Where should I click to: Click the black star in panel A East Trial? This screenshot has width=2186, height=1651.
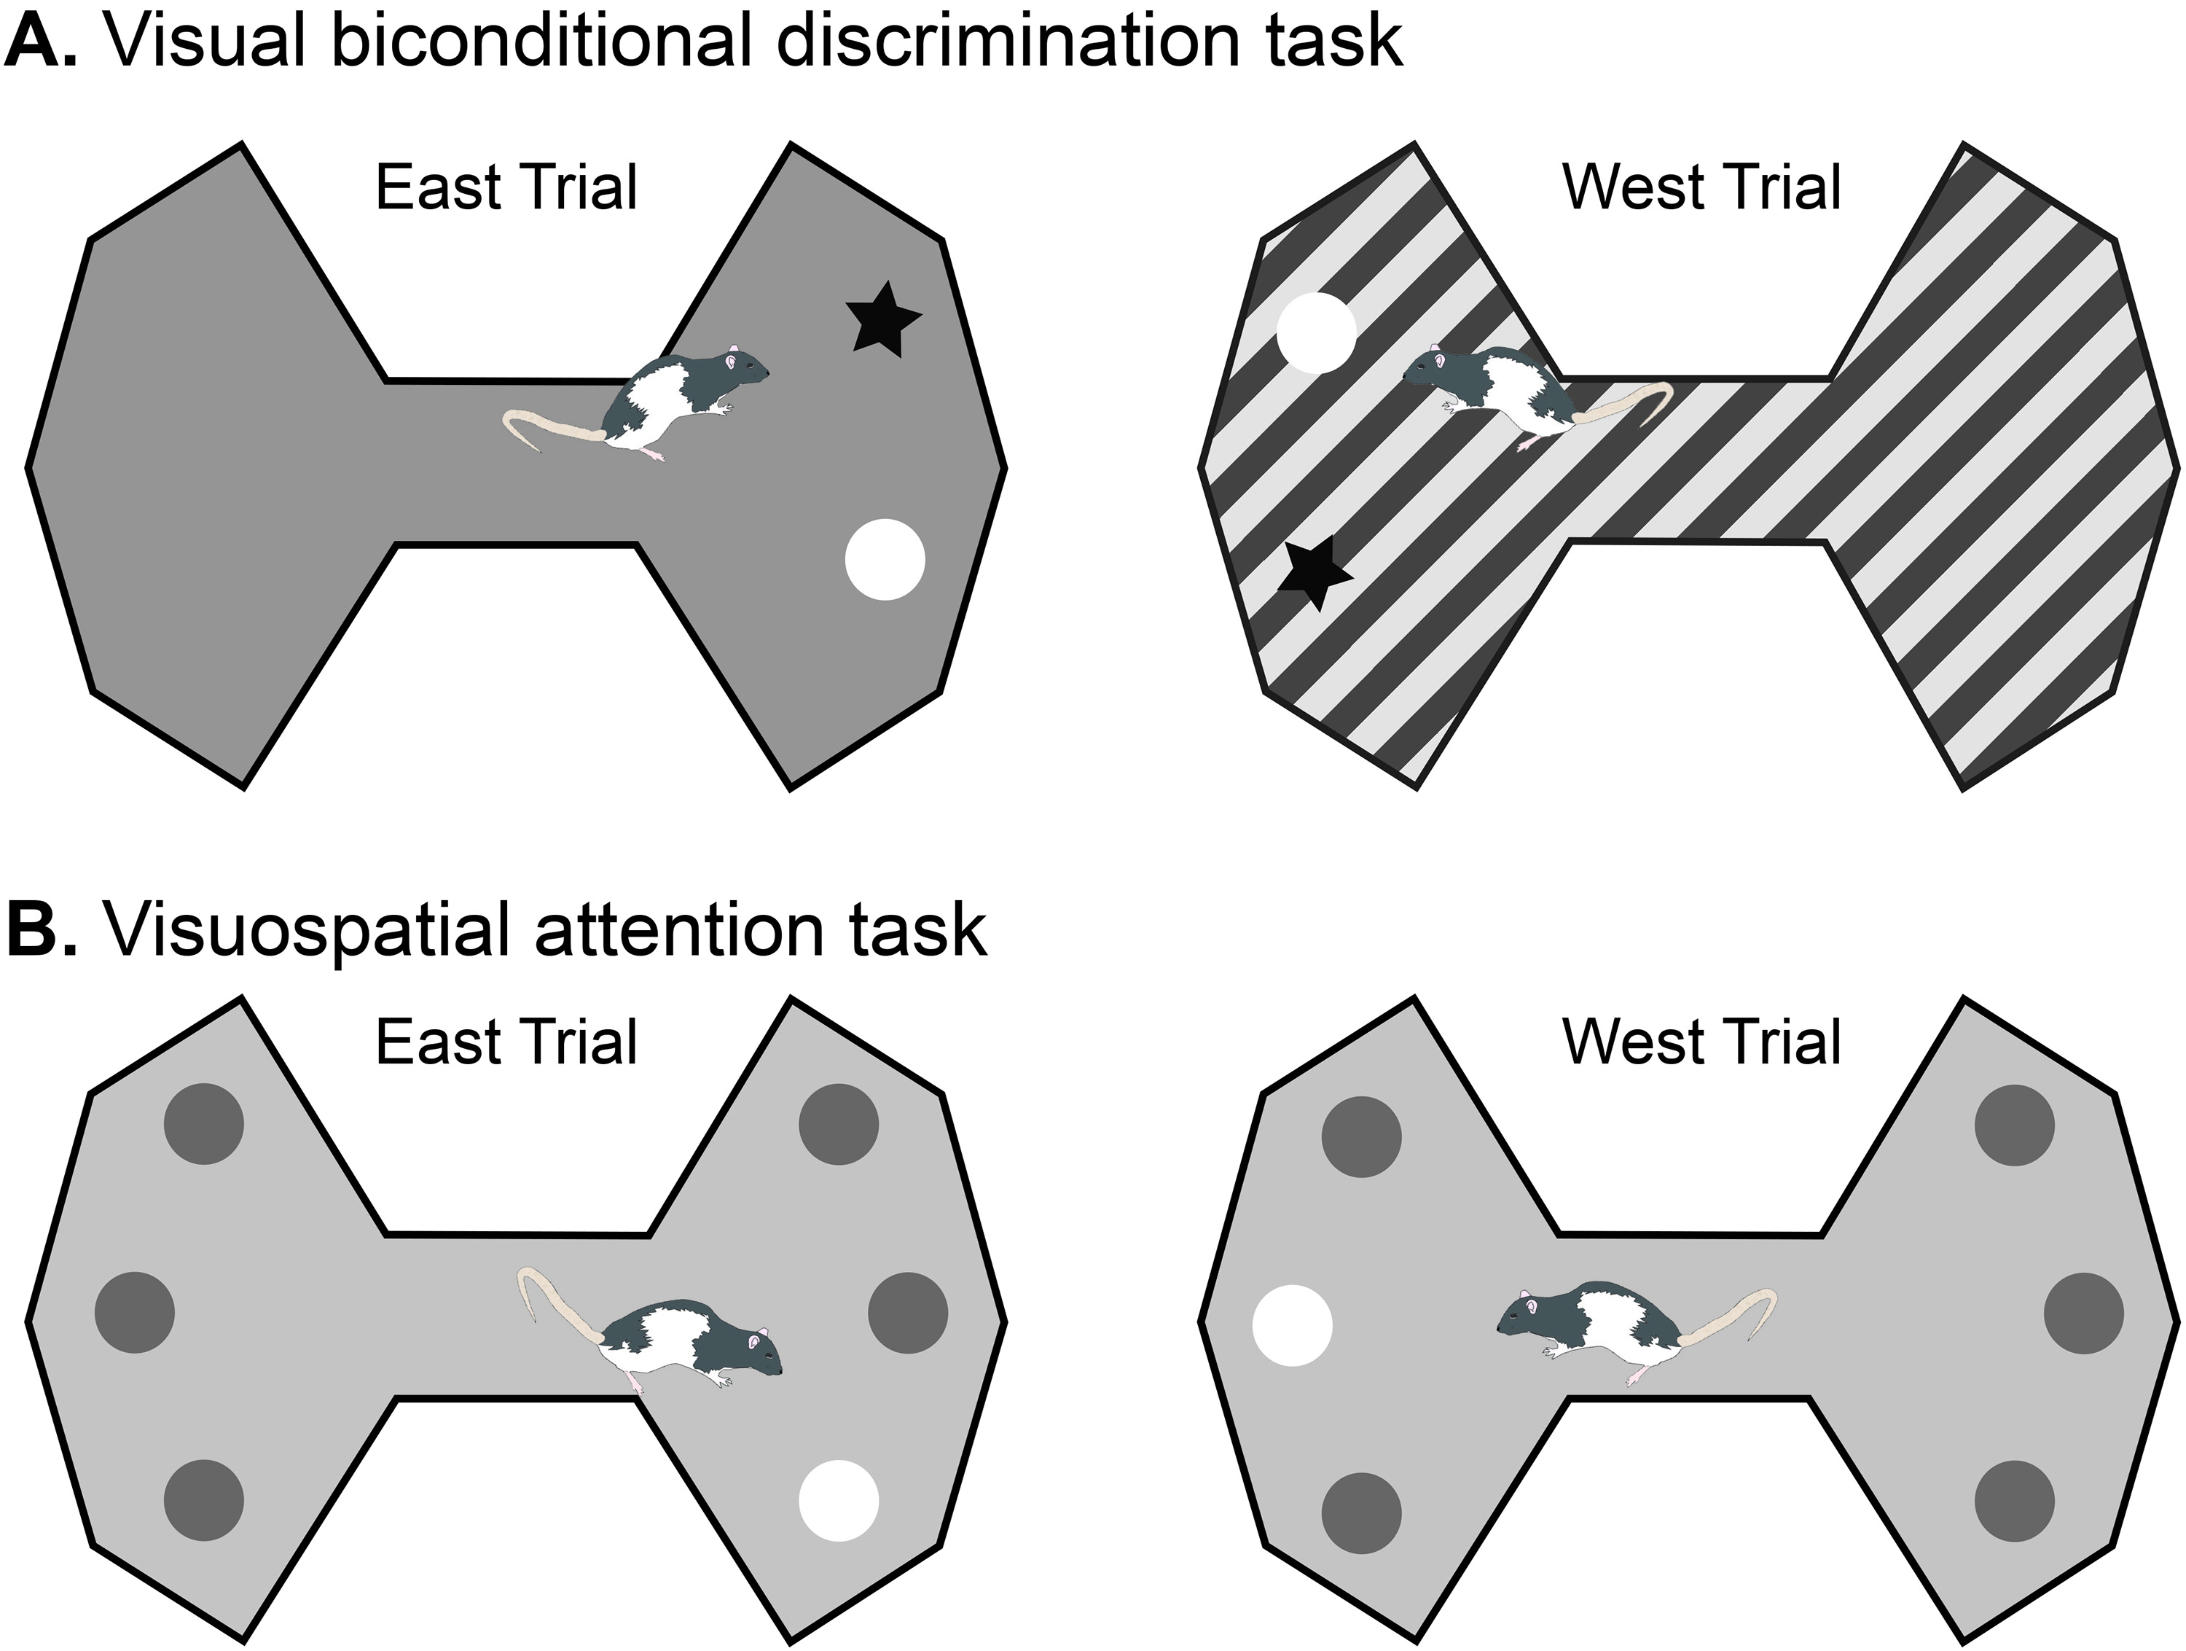(882, 319)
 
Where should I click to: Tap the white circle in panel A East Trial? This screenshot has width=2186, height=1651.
(885, 560)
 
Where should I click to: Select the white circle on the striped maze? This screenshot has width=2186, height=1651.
(1315, 333)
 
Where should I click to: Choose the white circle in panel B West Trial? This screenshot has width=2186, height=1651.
(1292, 1326)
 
